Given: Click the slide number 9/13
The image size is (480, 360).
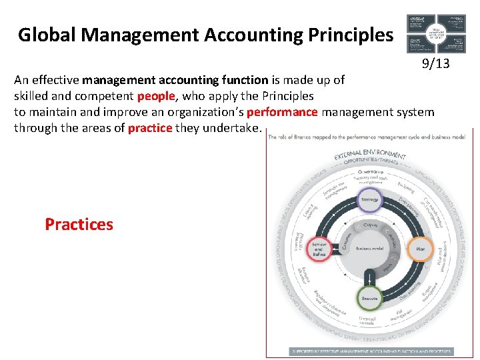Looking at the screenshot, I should click(x=435, y=65).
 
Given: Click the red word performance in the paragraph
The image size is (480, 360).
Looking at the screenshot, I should click(x=282, y=112).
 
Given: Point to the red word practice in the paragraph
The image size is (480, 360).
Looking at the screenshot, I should click(x=150, y=127).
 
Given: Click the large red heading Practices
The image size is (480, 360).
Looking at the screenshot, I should click(x=79, y=224).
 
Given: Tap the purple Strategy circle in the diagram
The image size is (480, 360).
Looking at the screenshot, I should click(x=369, y=199).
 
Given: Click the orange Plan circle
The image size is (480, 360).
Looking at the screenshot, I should click(x=420, y=248).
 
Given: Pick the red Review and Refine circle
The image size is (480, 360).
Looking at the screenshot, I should click(x=319, y=248).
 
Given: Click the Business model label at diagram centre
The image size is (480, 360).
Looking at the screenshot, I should click(x=369, y=248).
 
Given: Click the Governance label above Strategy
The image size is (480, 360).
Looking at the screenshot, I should click(x=369, y=171).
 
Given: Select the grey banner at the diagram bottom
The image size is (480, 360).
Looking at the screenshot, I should click(x=371, y=351).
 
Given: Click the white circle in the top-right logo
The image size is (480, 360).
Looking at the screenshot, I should click(x=436, y=31).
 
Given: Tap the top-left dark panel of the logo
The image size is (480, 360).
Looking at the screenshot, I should click(x=419, y=22).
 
